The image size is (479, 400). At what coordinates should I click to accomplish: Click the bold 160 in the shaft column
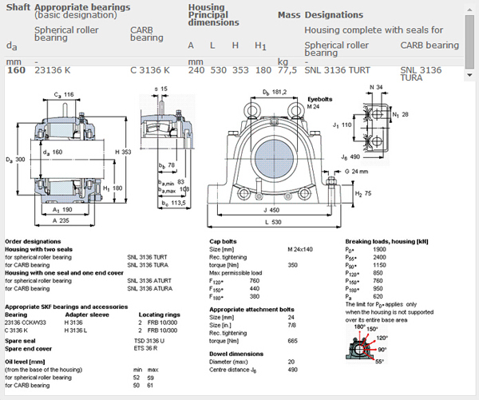click(x=15, y=70)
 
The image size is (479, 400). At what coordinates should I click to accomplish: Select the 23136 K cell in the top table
click(x=53, y=70)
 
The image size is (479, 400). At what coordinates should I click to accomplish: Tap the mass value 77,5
click(x=287, y=70)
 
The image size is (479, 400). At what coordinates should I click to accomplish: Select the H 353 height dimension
click(x=122, y=152)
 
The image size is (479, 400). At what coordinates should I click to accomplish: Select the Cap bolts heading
click(x=224, y=240)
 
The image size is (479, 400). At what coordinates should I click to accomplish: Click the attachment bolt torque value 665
click(x=291, y=340)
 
